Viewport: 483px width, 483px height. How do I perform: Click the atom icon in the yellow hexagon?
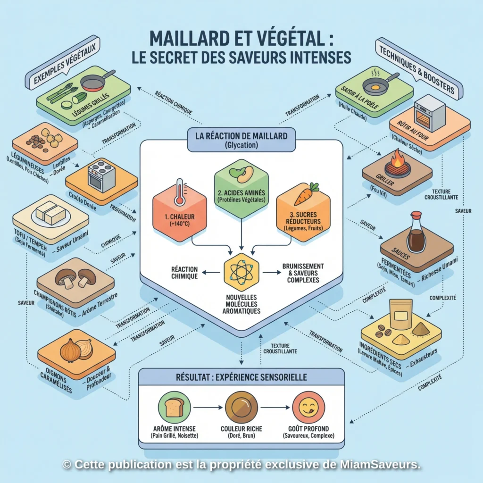pos(241,272)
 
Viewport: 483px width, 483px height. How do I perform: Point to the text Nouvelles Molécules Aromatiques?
pos(241,304)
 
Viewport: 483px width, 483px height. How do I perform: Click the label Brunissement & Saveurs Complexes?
pos(303,273)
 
